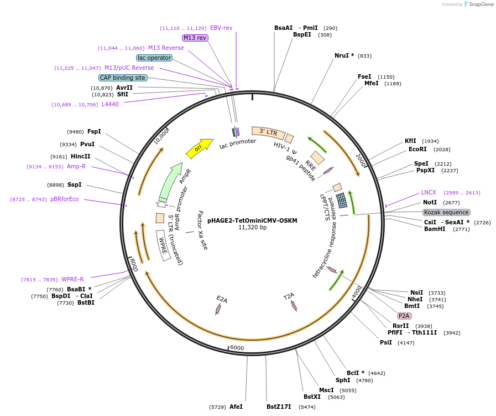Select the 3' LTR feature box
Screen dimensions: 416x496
pos(268,132)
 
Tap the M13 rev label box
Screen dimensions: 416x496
pos(195,38)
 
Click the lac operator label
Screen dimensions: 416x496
pos(154,58)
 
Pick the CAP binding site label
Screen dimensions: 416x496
pos(123,78)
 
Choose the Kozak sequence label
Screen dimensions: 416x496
pos(446,212)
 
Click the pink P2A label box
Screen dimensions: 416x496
pos(404,316)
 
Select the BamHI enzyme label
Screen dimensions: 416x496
pos(435,229)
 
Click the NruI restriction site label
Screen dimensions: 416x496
pos(344,55)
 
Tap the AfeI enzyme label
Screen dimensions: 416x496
pos(236,407)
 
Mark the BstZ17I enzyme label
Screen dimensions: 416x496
pos(279,407)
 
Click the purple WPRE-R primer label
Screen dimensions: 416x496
pos(72,279)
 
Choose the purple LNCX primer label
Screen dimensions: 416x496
pos(429,192)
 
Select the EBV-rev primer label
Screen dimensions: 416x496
pos(221,28)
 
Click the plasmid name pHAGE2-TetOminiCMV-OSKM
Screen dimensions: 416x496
pos(252,220)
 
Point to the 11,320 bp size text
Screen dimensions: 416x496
pos(252,227)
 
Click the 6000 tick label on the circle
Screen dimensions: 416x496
pos(237,347)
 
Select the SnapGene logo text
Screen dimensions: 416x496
pos(482,4)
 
